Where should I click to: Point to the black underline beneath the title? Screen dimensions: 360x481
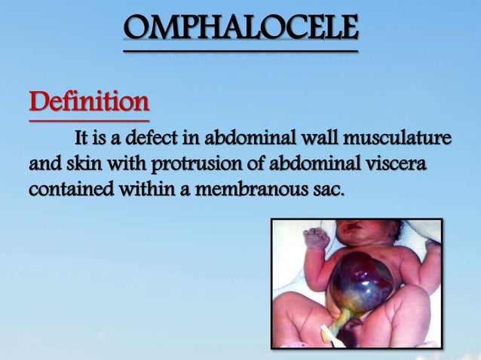tap(240, 50)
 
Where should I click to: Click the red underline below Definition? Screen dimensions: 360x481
tap(89, 120)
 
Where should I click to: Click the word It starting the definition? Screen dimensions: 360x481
tap(82, 140)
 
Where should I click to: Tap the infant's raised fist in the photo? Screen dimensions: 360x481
tap(316, 239)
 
